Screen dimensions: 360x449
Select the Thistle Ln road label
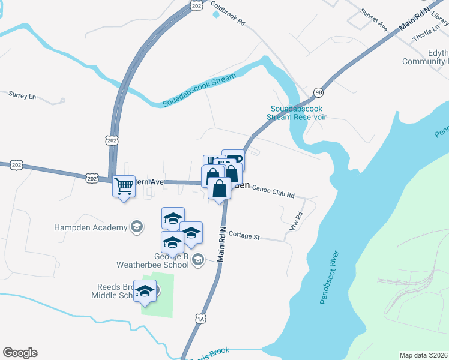pyautogui.click(x=426, y=34)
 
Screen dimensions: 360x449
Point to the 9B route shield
pyautogui.click(x=318, y=92)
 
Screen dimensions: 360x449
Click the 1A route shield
pyautogui.click(x=200, y=319)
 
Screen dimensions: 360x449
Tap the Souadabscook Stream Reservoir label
pyautogui.click(x=298, y=113)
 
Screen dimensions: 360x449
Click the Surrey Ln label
pyautogui.click(x=23, y=95)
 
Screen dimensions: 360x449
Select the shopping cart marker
pyautogui.click(x=124, y=187)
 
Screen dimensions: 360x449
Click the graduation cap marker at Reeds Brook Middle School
pyautogui.click(x=145, y=291)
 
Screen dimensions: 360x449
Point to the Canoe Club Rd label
pyautogui.click(x=273, y=195)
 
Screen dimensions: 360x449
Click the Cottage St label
pyautogui.click(x=244, y=236)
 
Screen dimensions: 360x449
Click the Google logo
pyautogui.click(x=20, y=353)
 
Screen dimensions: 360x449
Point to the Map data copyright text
pyautogui.click(x=423, y=355)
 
